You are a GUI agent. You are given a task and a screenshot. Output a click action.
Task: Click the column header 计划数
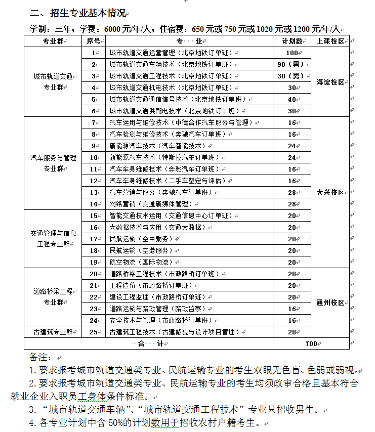291,41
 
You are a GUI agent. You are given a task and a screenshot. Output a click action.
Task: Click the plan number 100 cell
291,53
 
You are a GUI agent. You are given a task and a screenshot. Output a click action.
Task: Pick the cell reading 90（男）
291,64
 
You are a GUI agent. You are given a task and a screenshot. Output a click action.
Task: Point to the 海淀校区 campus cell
330,82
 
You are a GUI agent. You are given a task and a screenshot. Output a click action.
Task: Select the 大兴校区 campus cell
330,193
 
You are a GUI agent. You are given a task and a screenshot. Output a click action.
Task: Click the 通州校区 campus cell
330,303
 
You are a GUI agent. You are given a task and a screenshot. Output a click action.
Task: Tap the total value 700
311,344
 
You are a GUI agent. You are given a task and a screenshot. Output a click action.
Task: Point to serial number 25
93,332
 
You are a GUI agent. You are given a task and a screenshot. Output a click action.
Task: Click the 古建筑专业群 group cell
53,332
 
